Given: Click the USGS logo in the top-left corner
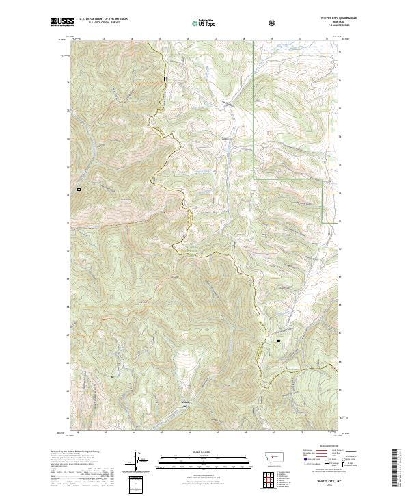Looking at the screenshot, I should [63, 22].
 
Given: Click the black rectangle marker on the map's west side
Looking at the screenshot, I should [79, 189].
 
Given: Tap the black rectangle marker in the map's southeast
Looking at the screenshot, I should [278, 340].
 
